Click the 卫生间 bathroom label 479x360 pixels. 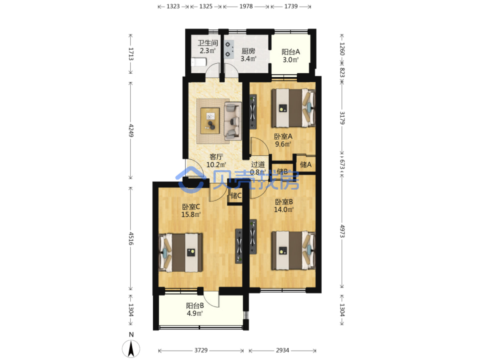207,43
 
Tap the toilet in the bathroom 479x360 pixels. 199,62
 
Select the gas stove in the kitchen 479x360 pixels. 229,49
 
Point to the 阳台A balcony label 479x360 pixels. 291,52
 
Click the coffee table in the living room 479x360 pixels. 210,120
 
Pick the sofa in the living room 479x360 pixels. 233,121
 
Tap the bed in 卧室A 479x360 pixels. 293,108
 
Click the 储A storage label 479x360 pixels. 306,165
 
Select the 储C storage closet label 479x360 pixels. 236,195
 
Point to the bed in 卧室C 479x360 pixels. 181,253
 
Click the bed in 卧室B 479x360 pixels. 293,250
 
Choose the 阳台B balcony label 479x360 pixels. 195,306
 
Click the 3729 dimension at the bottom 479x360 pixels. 201,351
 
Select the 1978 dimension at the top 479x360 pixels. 246,6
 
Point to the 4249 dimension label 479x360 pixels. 131,130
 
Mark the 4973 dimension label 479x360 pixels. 342,231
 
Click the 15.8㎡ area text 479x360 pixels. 191,214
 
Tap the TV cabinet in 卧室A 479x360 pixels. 253,112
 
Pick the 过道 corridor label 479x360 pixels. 258,164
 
